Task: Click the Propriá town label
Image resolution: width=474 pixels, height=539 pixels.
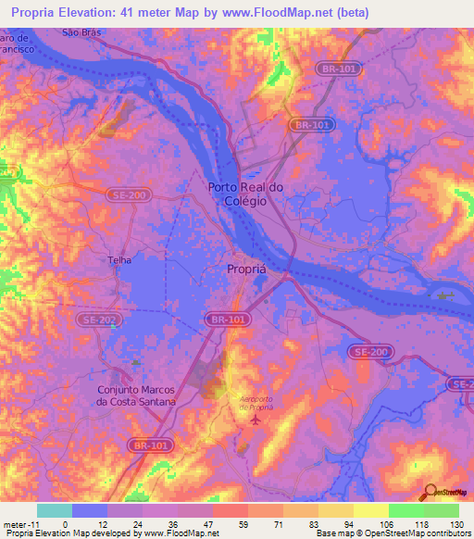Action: (x=249, y=269)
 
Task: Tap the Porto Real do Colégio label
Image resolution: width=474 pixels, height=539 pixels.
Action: (x=238, y=194)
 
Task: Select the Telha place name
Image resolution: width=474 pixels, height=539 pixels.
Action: (x=121, y=261)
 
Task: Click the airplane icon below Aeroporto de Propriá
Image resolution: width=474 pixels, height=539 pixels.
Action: (x=256, y=420)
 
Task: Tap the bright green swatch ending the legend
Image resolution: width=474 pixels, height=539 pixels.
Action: (x=442, y=510)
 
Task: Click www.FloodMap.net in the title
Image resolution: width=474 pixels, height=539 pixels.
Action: (x=283, y=13)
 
